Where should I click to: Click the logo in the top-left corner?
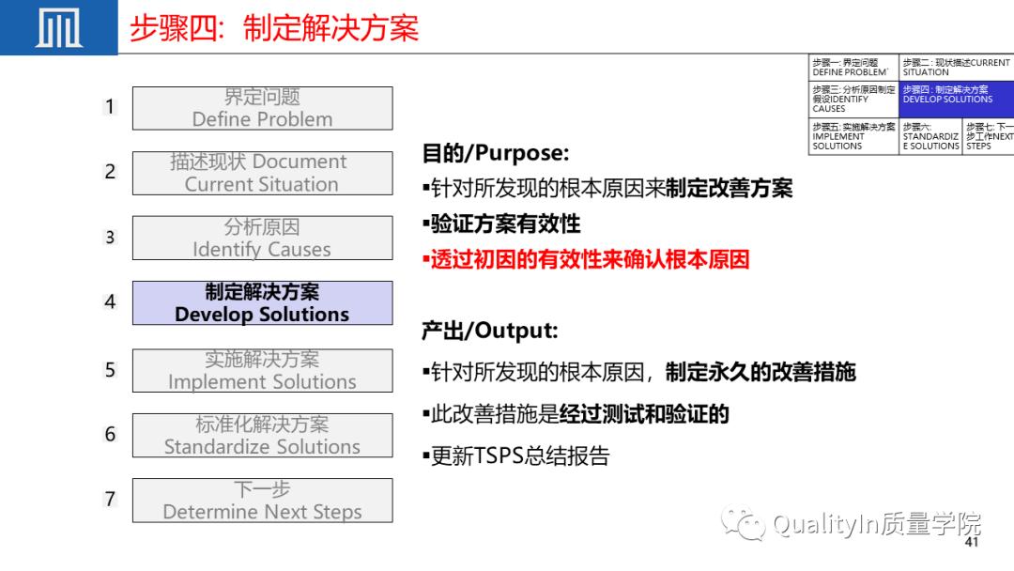tap(58, 27)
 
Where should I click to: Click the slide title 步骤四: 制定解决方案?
tap(273, 28)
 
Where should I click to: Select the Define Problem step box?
tap(262, 108)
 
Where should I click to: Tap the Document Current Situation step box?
tap(262, 173)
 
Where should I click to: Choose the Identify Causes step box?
tap(262, 238)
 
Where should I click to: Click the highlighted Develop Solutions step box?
tap(262, 303)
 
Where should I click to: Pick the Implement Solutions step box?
tap(262, 370)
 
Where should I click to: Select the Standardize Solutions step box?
tap(262, 435)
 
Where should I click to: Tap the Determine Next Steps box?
tap(262, 501)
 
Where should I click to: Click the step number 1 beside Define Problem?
tap(110, 107)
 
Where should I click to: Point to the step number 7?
tap(110, 499)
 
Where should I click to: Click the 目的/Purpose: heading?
tap(495, 153)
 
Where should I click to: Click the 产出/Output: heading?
tap(489, 331)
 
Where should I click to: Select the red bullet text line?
tap(586, 259)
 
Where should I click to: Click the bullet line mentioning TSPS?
tap(516, 456)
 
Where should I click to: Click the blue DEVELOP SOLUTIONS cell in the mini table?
tap(955, 99)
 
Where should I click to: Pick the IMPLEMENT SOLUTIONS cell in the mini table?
tap(853, 136)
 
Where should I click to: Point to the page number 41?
tap(972, 543)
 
